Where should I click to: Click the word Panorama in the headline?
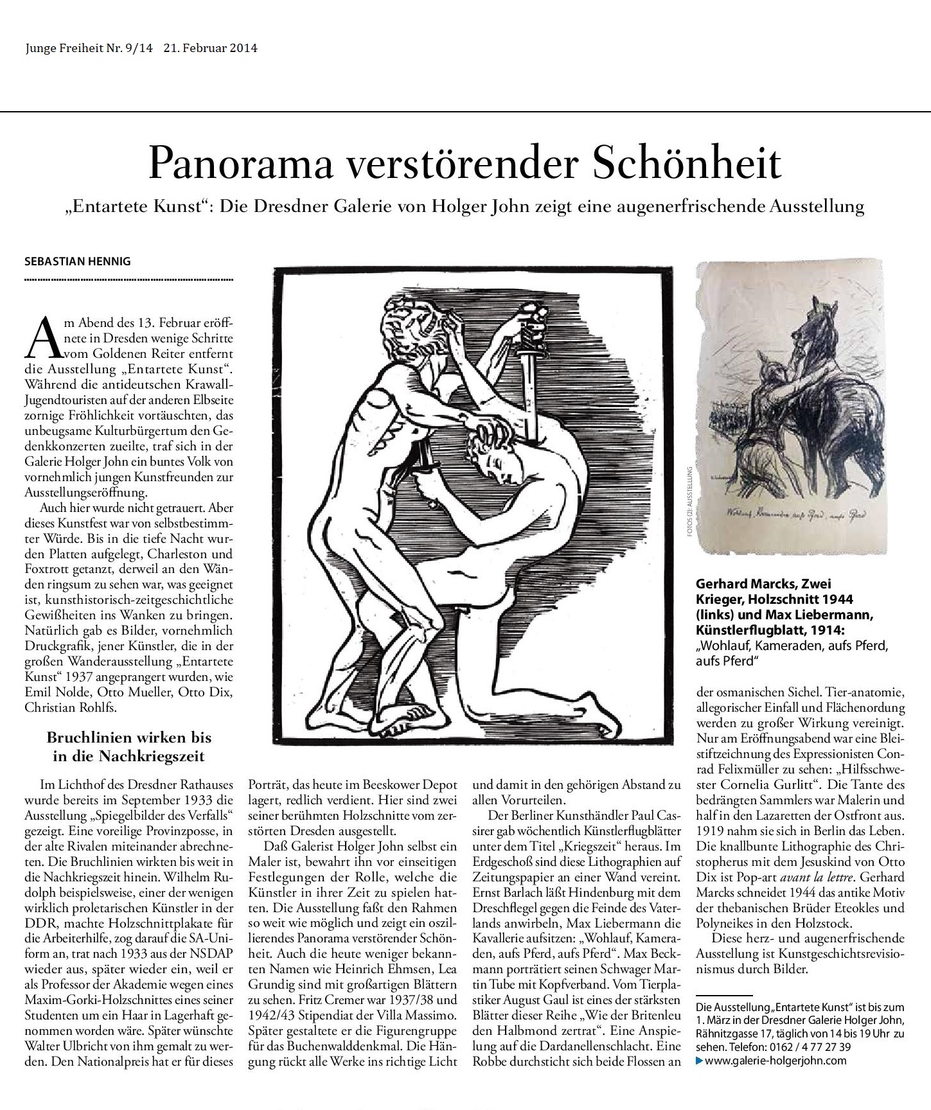pyautogui.click(x=242, y=163)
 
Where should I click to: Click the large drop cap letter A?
pyautogui.click(x=42, y=338)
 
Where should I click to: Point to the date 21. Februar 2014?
pyautogui.click(x=210, y=48)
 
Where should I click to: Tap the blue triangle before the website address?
pyautogui.click(x=700, y=1061)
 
